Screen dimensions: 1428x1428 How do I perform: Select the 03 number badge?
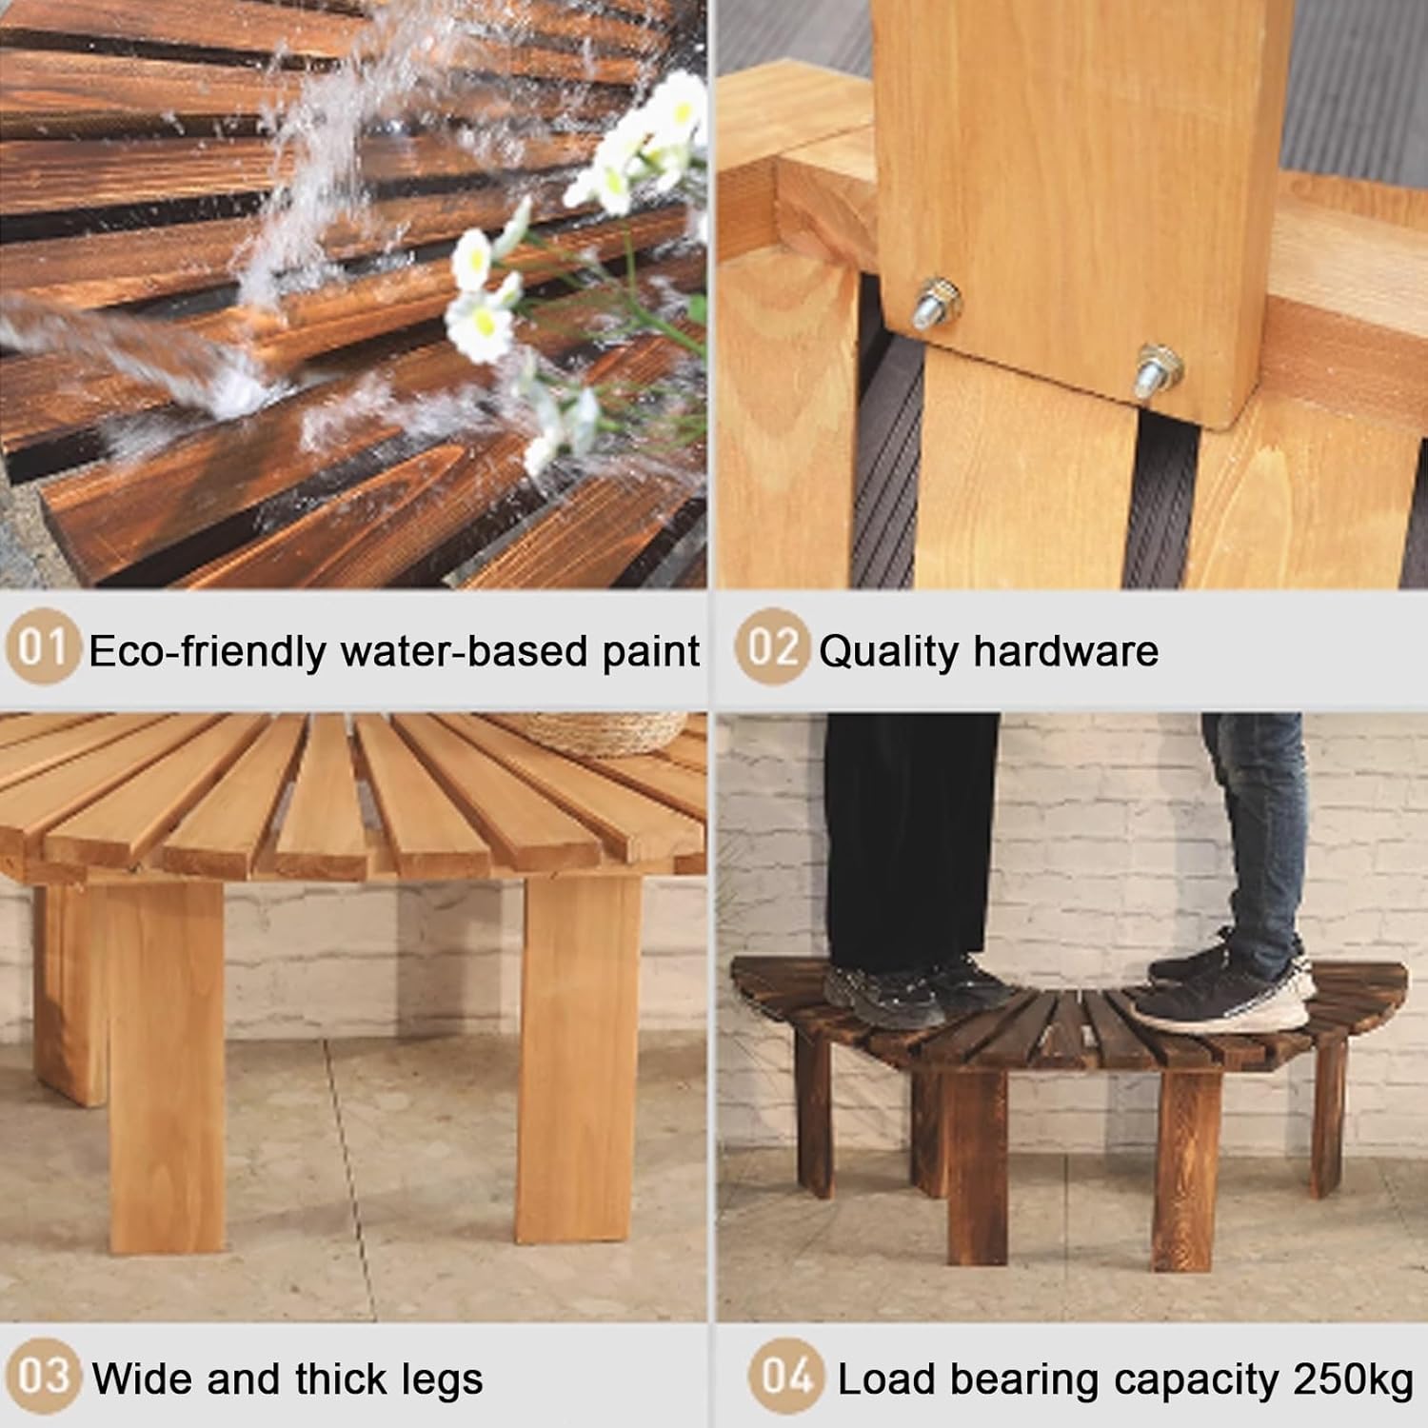[x=44, y=1378]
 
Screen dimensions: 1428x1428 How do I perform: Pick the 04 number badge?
[x=786, y=1378]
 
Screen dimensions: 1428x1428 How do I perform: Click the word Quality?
[x=888, y=652]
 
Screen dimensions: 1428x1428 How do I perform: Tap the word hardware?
[x=1066, y=652]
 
